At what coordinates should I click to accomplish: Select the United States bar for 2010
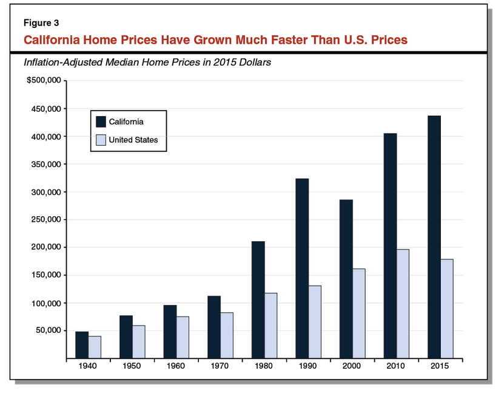[x=403, y=304]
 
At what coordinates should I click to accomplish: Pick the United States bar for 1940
[x=95, y=347]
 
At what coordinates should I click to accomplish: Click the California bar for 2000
[x=346, y=279]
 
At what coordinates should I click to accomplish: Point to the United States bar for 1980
[x=270, y=326]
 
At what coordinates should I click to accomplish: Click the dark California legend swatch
[x=100, y=121]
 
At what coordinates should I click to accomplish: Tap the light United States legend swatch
[x=100, y=140]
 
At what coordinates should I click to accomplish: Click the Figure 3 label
[x=41, y=23]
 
